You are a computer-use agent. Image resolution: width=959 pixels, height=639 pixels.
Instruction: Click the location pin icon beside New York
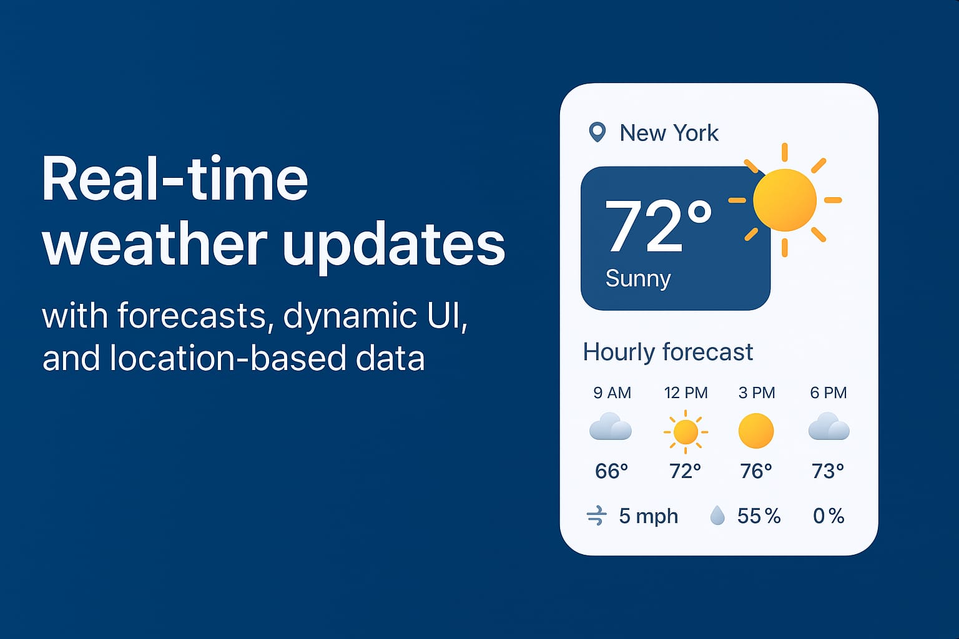point(598,132)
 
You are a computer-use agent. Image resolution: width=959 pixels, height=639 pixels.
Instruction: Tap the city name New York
point(669,133)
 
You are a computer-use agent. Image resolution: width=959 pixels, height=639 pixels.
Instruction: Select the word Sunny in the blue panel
point(638,279)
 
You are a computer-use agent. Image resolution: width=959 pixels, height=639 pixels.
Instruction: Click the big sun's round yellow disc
point(785,200)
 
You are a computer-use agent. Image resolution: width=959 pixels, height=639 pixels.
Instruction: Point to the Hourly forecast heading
point(668,352)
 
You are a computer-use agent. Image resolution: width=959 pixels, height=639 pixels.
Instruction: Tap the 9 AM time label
point(612,393)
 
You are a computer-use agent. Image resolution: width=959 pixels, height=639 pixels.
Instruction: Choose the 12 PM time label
point(686,393)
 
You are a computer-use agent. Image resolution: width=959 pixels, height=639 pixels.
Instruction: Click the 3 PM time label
point(757,393)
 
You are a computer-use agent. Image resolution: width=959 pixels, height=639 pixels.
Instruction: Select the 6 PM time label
point(829,393)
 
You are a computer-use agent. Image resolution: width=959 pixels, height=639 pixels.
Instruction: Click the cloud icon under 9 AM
point(611,426)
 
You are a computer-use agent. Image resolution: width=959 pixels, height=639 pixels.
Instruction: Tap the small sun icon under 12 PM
point(686,432)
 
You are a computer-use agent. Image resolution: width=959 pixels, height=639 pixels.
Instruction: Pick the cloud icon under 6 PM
point(829,426)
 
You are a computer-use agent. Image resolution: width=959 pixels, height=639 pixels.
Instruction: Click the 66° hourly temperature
point(611,471)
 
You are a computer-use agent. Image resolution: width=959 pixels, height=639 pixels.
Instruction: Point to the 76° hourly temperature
point(756,471)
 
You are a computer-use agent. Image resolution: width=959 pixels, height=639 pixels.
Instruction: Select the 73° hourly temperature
point(828,471)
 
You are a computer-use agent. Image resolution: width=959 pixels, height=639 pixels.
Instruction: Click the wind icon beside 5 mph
point(597,515)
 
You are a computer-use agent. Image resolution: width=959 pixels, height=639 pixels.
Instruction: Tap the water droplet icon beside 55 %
point(717,515)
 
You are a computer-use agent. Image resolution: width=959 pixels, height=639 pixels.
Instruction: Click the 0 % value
point(829,515)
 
